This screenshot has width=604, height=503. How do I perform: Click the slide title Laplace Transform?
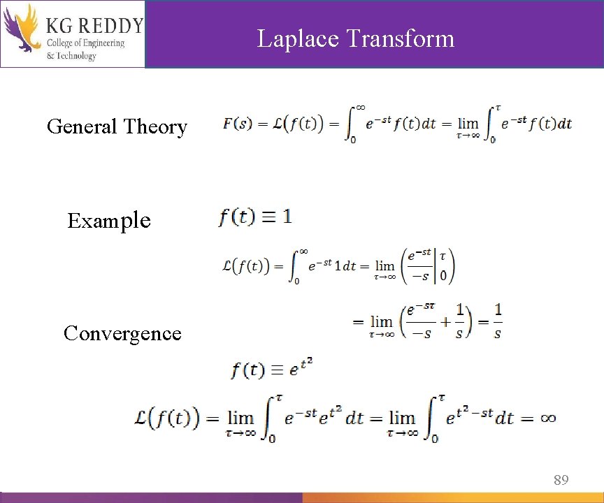coord(356,38)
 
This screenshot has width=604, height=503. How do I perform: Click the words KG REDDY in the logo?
coord(94,27)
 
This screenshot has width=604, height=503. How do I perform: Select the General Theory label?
coord(117,127)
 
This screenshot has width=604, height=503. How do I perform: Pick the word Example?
coord(108,221)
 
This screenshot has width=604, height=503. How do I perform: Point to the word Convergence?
coord(122,333)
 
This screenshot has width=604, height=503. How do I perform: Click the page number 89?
coord(561,480)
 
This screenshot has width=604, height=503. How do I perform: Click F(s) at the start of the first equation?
coord(237,124)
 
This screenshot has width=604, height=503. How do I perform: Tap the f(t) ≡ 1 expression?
coord(255,217)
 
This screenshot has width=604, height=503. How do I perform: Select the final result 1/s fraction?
coord(498,322)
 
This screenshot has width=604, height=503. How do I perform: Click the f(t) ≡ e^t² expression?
coord(271,367)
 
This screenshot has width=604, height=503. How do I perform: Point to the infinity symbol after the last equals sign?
coord(547,418)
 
